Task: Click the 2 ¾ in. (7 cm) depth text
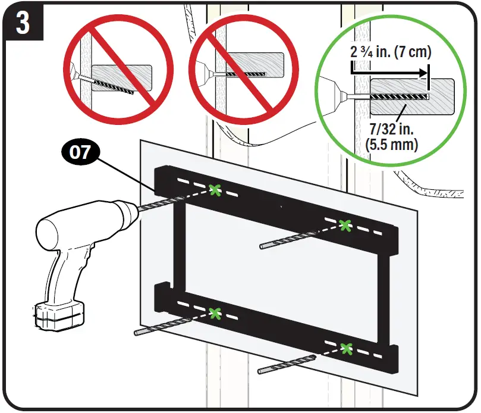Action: pyautogui.click(x=389, y=52)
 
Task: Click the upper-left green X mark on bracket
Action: pyautogui.click(x=214, y=190)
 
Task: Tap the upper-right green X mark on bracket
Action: pyautogui.click(x=344, y=225)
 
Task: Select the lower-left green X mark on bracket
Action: pyautogui.click(x=215, y=312)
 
